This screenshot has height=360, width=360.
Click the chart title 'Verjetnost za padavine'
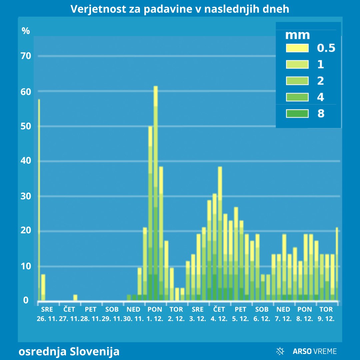pyautogui.click(x=180, y=9)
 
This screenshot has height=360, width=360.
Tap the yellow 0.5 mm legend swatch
pyautogui.click(x=297, y=48)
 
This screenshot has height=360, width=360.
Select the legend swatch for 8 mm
pyautogui.click(x=297, y=114)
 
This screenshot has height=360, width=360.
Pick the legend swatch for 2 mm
pyautogui.click(x=297, y=81)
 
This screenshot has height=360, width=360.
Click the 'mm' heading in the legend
pyautogui.click(x=298, y=35)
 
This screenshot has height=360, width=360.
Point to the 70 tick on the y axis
pyautogui.click(x=26, y=56)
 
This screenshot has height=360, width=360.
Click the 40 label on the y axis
pyautogui.click(x=26, y=161)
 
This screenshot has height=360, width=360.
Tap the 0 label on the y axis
pyautogui.click(x=26, y=300)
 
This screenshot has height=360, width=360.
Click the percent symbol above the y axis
pyautogui.click(x=26, y=31)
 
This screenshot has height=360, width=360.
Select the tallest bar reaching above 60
pyautogui.click(x=155, y=193)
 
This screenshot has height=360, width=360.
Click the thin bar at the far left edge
pyautogui.click(x=39, y=200)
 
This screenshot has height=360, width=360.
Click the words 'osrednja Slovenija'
pyautogui.click(x=69, y=351)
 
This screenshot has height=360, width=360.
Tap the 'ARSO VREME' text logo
pyautogui.click(x=315, y=351)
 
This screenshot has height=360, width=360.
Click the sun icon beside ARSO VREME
pyautogui.click(x=280, y=351)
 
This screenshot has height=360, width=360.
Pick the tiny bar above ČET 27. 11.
pyautogui.click(x=75, y=298)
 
